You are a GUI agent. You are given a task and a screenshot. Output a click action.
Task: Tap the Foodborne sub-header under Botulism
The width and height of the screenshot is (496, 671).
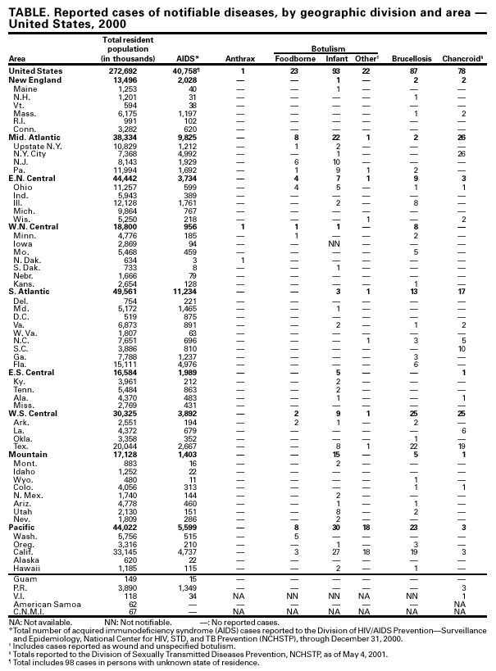(x=292, y=59)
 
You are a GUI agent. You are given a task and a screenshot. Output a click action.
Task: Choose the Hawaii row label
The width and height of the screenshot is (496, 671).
(x=27, y=568)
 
